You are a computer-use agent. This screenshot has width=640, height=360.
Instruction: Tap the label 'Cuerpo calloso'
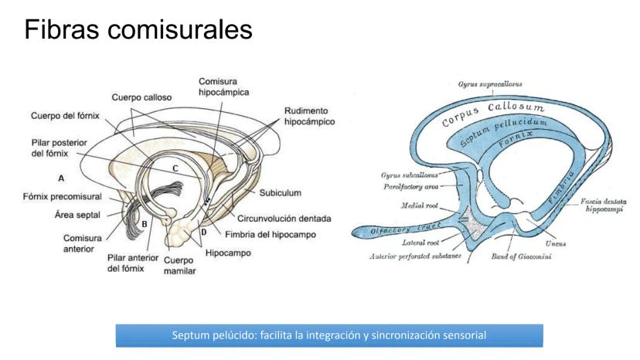[141, 97]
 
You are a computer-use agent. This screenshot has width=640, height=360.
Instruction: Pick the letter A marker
[62, 178]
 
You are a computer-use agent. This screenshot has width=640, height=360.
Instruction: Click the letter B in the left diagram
[144, 223]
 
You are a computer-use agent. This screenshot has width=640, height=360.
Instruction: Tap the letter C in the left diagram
[175, 168]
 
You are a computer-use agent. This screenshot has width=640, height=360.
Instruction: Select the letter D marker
[203, 232]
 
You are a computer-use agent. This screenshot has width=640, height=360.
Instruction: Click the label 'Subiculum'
[280, 192]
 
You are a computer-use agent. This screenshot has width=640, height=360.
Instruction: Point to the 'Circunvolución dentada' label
[284, 219]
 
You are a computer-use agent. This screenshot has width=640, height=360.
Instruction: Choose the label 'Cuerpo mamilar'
[179, 266]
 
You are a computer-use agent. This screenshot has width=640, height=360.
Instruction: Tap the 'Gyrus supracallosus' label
[489, 83]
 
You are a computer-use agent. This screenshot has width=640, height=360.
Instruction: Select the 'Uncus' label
[555, 243]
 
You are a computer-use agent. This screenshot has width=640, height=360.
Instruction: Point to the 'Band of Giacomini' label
[521, 256]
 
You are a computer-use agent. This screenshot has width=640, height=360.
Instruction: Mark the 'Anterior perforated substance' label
[417, 256]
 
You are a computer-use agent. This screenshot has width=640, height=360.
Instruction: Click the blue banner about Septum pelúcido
[329, 335]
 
